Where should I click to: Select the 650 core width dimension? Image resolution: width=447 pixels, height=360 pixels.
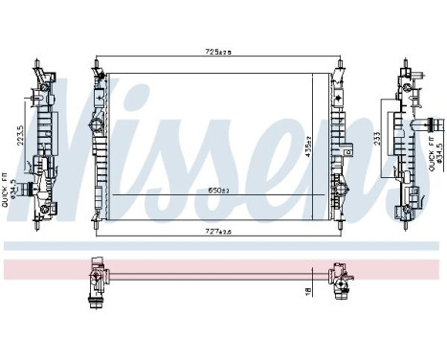(219, 191)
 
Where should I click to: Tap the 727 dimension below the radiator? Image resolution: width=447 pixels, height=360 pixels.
(219, 232)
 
